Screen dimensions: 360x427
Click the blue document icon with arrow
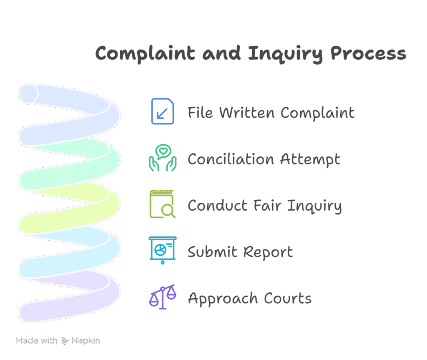162,111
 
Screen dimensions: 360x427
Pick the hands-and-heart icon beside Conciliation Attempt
162,158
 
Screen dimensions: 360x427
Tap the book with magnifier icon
162,204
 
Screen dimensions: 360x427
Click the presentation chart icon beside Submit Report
162,250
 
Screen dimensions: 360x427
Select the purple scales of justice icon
162,297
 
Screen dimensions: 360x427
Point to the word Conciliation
231,159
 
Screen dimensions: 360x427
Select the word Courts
288,298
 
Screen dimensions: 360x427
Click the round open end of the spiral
28,94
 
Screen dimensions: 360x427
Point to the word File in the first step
200,113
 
